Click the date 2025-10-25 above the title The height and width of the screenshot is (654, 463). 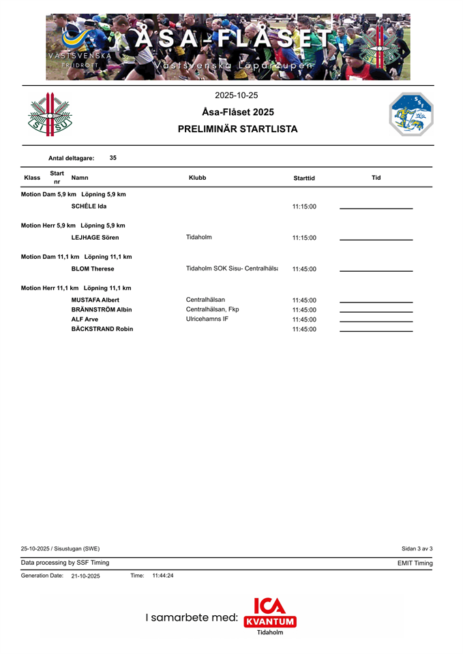236,95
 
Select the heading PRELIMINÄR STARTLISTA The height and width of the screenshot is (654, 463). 237,129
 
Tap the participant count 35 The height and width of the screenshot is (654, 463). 113,157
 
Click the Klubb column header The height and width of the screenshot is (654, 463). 197,178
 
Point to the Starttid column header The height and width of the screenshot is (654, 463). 304,178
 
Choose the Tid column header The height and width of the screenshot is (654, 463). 376,178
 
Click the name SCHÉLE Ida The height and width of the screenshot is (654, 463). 89,206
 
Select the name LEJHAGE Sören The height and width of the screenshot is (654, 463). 95,238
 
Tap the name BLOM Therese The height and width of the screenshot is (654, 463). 93,269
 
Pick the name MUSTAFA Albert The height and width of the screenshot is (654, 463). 95,300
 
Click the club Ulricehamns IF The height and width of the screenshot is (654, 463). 207,319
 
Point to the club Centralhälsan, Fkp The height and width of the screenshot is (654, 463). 212,309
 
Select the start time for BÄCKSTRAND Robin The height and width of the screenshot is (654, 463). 304,329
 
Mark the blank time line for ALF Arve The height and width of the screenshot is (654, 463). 376,321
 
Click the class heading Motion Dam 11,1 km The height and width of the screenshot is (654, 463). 76,257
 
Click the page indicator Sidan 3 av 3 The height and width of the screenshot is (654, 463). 417,548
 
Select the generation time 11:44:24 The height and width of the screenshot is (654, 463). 163,576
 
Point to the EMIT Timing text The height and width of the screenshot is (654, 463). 415,563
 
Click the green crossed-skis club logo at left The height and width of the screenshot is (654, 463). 49,114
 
